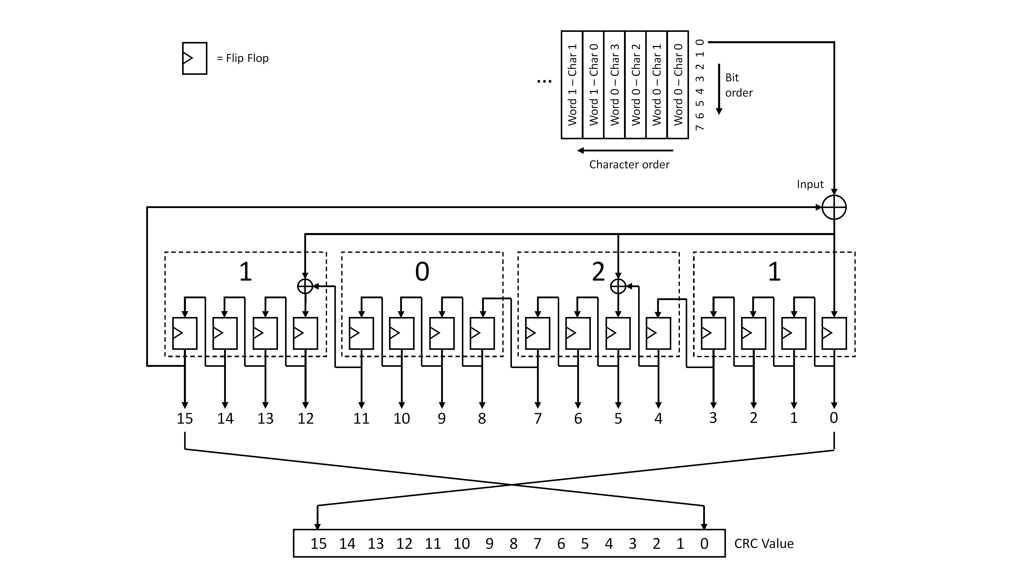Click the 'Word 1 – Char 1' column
pyautogui.click(x=572, y=84)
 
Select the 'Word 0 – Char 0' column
pyautogui.click(x=678, y=84)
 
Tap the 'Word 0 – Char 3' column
pyautogui.click(x=614, y=84)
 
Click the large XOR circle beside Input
pyautogui.click(x=834, y=207)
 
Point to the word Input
pyautogui.click(x=810, y=184)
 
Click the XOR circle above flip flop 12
pyautogui.click(x=305, y=286)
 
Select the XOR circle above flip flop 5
pyautogui.click(x=618, y=286)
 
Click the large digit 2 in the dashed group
pyautogui.click(x=598, y=271)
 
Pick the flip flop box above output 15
pyautogui.click(x=185, y=333)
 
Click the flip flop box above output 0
pyautogui.click(x=834, y=333)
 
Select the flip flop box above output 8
pyautogui.click(x=482, y=333)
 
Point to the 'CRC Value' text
pyautogui.click(x=764, y=543)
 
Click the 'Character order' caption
pyautogui.click(x=629, y=165)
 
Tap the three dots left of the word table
pyautogui.click(x=544, y=82)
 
